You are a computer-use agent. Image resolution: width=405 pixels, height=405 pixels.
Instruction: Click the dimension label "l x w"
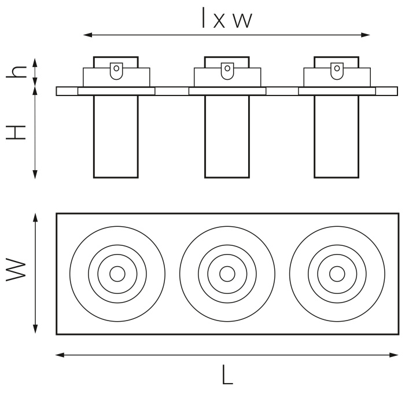(x=227, y=20)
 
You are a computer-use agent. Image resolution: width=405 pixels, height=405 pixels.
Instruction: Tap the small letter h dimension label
(x=19, y=71)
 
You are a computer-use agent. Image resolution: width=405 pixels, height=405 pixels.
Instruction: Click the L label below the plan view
(x=227, y=376)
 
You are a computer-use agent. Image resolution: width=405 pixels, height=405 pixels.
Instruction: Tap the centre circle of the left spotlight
(x=117, y=274)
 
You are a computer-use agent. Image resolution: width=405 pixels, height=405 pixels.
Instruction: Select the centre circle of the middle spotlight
(x=227, y=274)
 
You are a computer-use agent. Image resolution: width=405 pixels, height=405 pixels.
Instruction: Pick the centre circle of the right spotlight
(x=336, y=274)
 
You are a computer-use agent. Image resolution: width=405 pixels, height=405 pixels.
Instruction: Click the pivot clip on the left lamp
(x=116, y=70)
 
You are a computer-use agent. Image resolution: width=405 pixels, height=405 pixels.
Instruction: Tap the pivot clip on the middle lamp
(x=227, y=70)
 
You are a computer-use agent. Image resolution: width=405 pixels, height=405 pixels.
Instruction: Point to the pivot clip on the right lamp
(x=337, y=70)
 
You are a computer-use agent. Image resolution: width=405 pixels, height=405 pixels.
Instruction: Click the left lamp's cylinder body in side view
(x=116, y=136)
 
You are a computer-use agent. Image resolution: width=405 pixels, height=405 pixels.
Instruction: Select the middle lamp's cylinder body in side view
(x=227, y=136)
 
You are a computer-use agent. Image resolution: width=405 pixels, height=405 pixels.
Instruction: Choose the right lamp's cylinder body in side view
(x=337, y=136)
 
